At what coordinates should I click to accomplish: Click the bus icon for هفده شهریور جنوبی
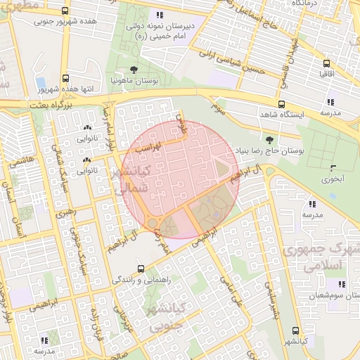pos(65,11)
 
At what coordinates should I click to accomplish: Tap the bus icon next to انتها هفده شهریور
pos(65,79)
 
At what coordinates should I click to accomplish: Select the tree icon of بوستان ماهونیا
pos(133,70)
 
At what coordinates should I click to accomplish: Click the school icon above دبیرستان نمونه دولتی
pos(160,14)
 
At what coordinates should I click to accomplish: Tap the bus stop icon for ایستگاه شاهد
pos(281,103)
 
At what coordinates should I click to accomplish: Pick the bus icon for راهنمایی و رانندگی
pos(141,269)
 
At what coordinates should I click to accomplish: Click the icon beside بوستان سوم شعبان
pos(341,284)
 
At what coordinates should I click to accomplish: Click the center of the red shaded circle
pos(181,179)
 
